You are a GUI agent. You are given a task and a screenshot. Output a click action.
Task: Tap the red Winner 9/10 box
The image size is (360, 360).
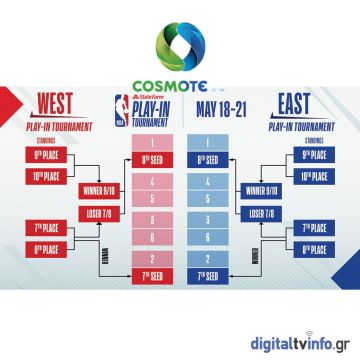click(97, 191)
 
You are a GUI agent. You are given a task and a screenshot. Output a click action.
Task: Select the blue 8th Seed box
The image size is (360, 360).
click(207, 159)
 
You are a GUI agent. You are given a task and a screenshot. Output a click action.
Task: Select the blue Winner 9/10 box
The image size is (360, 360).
click(262, 191)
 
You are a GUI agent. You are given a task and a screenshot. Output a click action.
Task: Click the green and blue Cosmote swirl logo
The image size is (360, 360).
click(180, 44)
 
